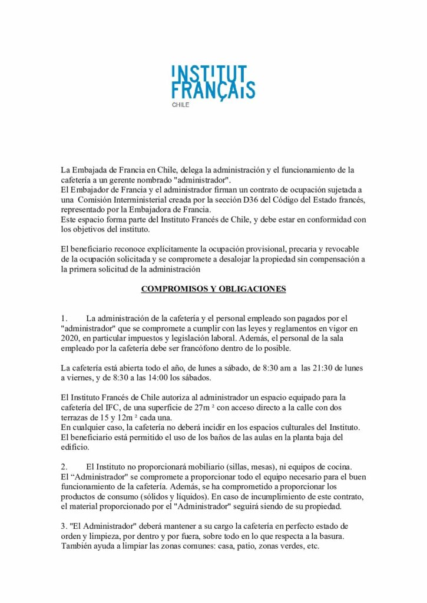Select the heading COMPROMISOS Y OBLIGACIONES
click(x=213, y=289)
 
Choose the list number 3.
click(x=64, y=525)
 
